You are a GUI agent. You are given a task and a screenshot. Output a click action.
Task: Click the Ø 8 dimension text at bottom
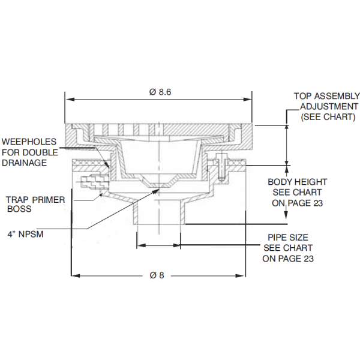(157, 275)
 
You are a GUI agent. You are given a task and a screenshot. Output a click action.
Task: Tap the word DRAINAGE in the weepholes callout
(25, 163)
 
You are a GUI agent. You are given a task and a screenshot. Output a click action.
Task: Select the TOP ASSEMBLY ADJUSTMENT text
(327, 106)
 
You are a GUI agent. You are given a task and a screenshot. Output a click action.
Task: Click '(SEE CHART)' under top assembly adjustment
(328, 116)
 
